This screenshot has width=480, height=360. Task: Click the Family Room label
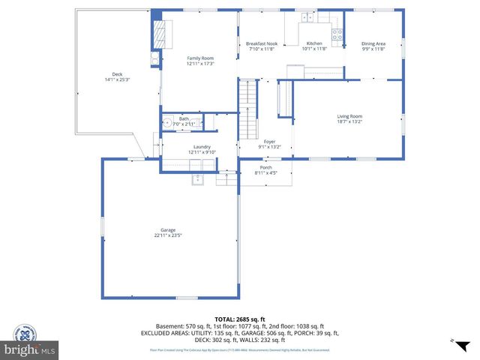pos(200,58)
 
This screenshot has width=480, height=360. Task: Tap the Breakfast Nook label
pos(262,43)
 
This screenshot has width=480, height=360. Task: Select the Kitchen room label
pos(314,43)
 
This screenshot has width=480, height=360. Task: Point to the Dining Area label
pos(373,43)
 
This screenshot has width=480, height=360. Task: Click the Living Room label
pos(349,116)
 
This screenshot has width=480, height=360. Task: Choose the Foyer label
pos(269,141)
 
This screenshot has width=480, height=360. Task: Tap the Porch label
pos(266,167)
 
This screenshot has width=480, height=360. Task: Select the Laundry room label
pos(202,147)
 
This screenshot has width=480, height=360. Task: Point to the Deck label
pos(117,73)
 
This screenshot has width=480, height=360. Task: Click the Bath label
pos(184,118)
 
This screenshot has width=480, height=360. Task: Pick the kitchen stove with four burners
pos(337,34)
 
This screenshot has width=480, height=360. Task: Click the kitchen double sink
pos(307,16)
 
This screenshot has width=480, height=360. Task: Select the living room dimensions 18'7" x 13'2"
pos(349,121)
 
